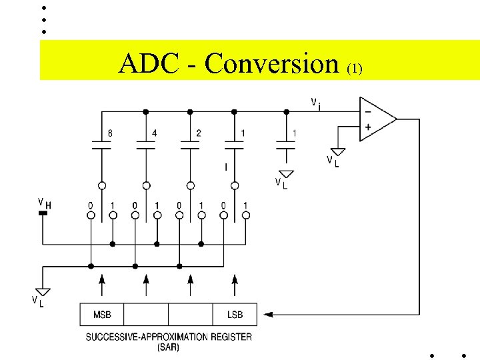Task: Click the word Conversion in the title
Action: [x=272, y=64]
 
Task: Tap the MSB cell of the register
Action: [x=102, y=314]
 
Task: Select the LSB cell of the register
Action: [x=234, y=314]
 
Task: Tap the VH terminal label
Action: [x=43, y=203]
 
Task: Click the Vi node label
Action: [x=316, y=103]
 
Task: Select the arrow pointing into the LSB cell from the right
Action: [x=267, y=313]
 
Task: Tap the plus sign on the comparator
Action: [x=367, y=127]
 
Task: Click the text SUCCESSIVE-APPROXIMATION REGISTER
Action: [x=169, y=337]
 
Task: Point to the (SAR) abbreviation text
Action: [x=168, y=347]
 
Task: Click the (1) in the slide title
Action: [x=354, y=68]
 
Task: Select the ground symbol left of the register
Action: [x=43, y=291]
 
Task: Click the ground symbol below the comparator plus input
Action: [x=338, y=153]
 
